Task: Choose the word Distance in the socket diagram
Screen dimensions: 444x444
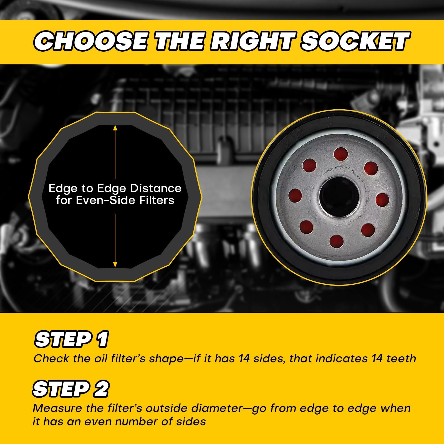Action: pyautogui.click(x=156, y=188)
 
